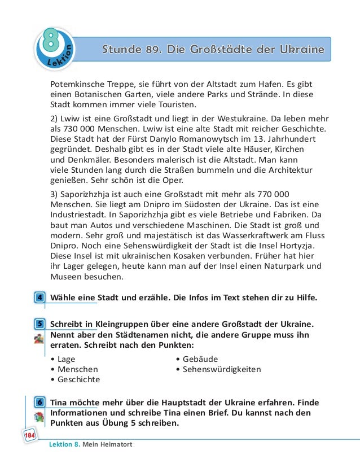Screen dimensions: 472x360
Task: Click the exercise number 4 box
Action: tap(40, 297)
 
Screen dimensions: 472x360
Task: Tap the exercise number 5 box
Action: tap(40, 324)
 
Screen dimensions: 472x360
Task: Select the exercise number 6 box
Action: tap(40, 403)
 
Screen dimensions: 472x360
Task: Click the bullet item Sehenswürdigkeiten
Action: tap(222, 369)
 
